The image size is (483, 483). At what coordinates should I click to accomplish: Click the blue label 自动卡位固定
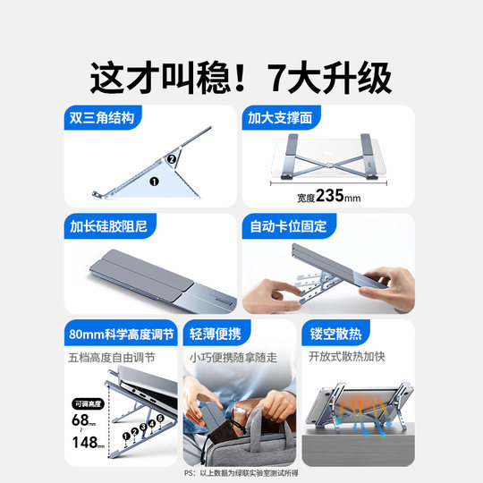(284, 226)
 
